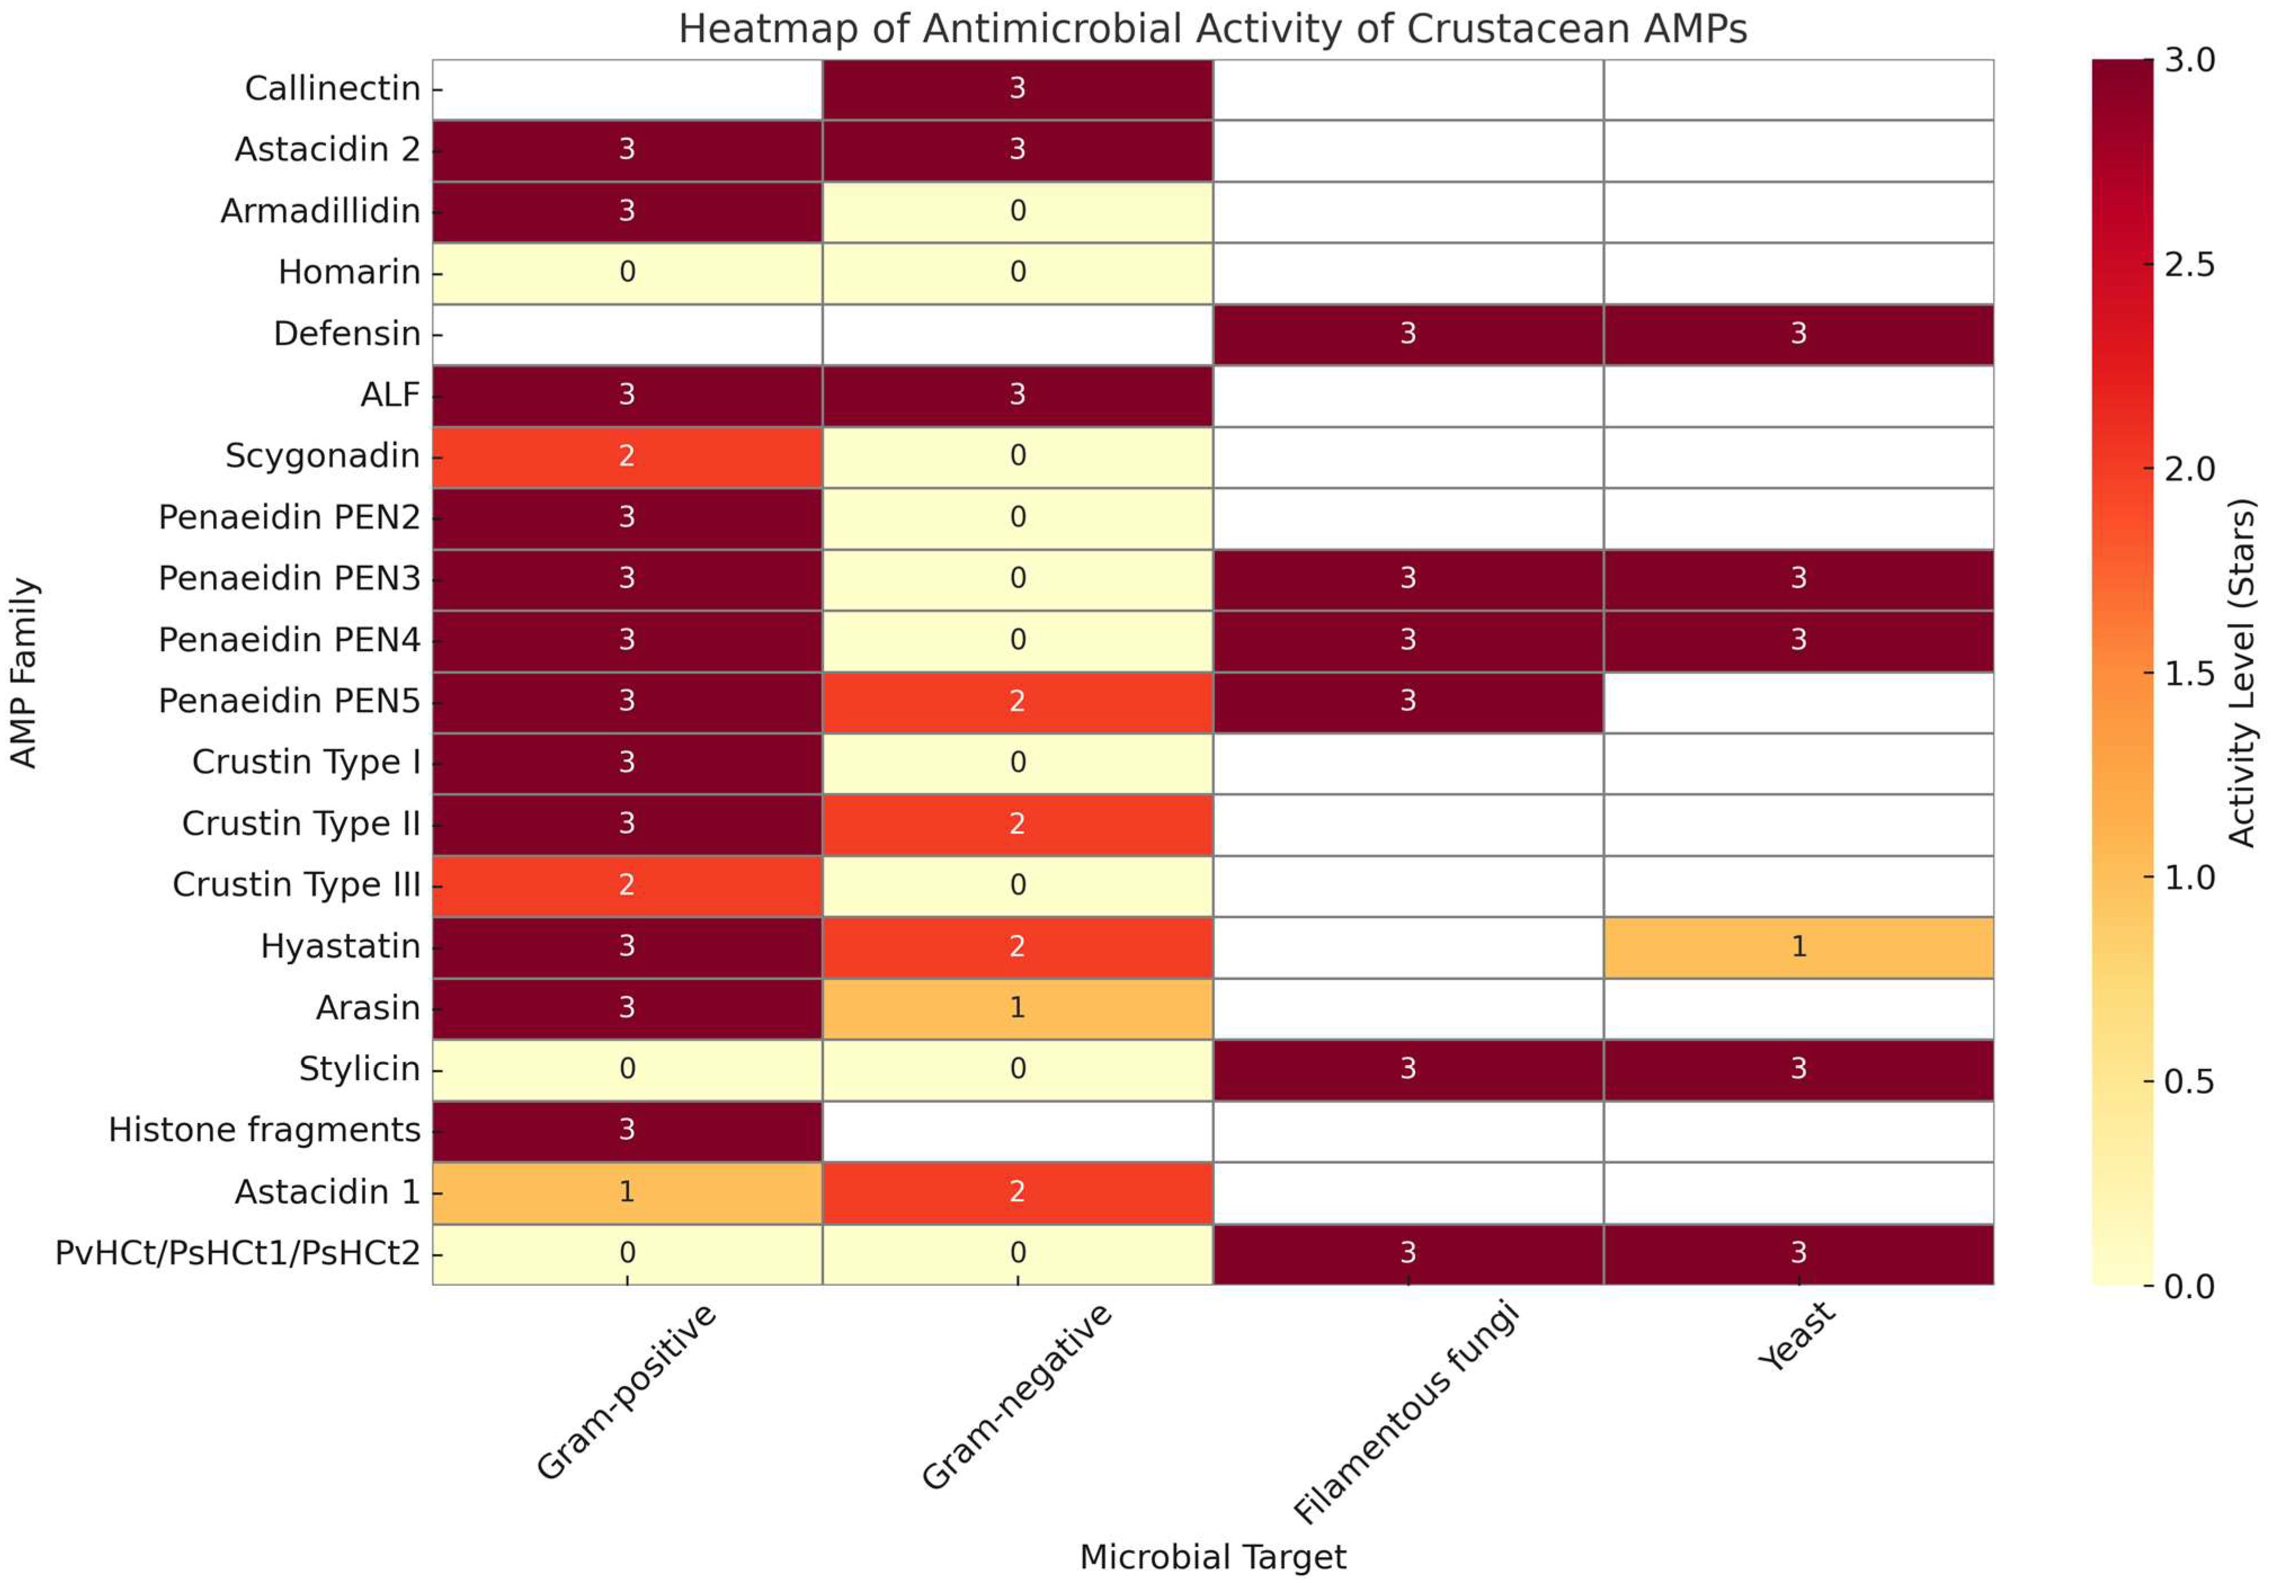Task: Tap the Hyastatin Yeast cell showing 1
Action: click(x=1797, y=946)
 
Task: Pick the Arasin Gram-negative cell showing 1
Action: click(x=1017, y=1008)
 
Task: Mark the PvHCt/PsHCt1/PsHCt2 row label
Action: click(x=238, y=1253)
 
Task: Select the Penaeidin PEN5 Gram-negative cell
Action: click(x=1017, y=701)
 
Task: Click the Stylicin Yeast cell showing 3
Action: click(x=1797, y=1069)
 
